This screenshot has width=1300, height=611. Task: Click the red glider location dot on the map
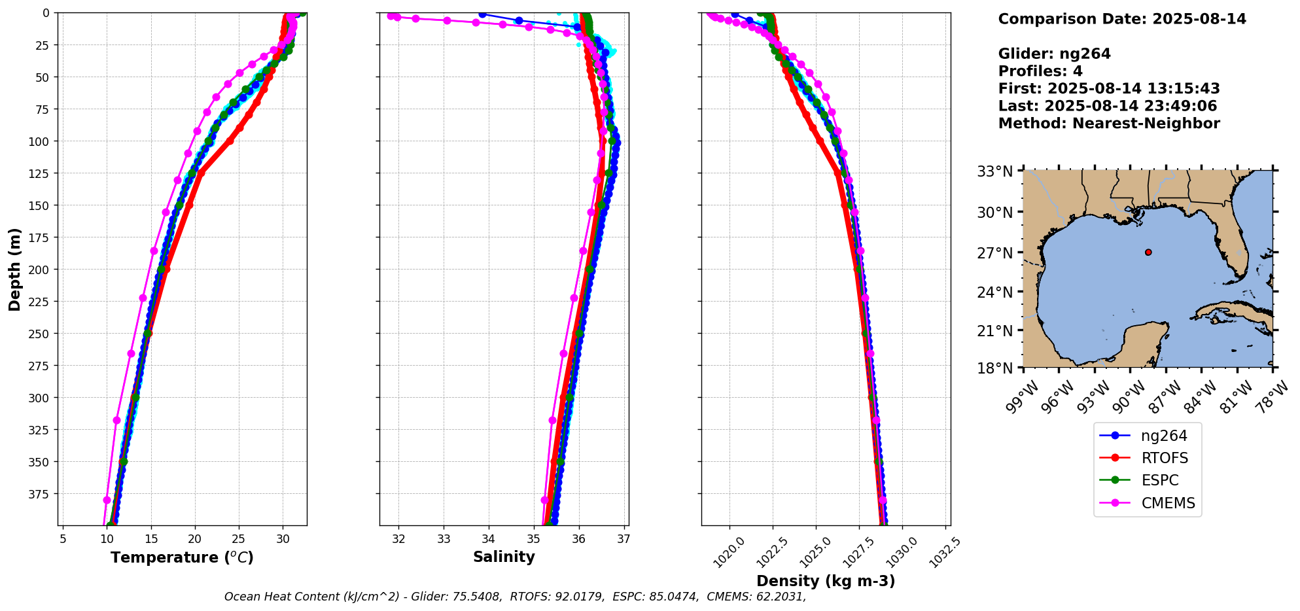pyautogui.click(x=1148, y=252)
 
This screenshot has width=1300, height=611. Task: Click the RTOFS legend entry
pyautogui.click(x=1164, y=459)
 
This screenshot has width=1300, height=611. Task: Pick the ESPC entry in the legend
pyautogui.click(x=1159, y=481)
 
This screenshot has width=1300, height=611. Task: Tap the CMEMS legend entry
pyautogui.click(x=1167, y=504)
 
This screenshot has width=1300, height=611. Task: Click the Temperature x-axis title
pyautogui.click(x=182, y=558)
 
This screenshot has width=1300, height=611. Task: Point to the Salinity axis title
pyautogui.click(x=504, y=557)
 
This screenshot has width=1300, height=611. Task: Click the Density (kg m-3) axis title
pyautogui.click(x=826, y=582)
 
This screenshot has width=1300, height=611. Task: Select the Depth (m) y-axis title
pyautogui.click(x=15, y=269)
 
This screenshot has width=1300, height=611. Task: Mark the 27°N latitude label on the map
pyautogui.click(x=994, y=253)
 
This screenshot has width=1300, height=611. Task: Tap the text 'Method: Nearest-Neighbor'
pyautogui.click(x=1109, y=124)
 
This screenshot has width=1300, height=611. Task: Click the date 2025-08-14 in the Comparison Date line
pyautogui.click(x=1199, y=19)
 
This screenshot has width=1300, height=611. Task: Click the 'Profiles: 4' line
pyautogui.click(x=1040, y=71)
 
